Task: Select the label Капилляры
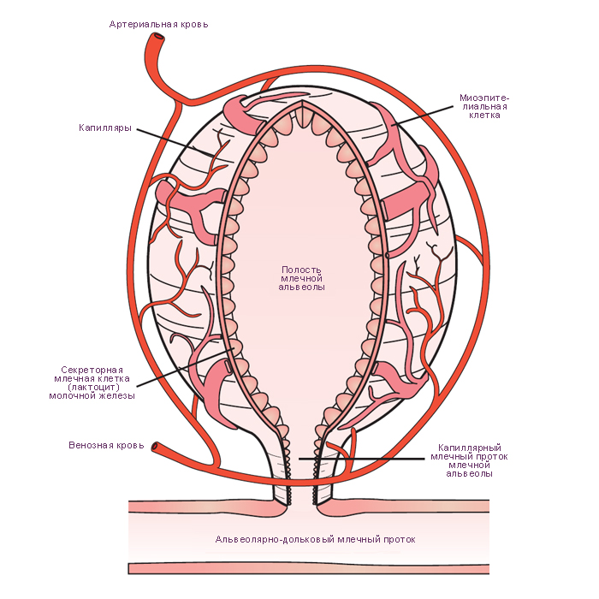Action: pyautogui.click(x=105, y=128)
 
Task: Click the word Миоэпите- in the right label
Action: pyautogui.click(x=484, y=98)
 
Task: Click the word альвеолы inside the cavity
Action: pyautogui.click(x=301, y=288)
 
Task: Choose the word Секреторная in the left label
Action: pyautogui.click(x=92, y=370)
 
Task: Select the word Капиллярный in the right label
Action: pyautogui.click(x=470, y=448)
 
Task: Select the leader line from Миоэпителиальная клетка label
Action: pyautogui.click(x=424, y=115)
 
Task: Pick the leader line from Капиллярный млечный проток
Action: pyautogui.click(x=361, y=458)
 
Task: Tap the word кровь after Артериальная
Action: pyautogui.click(x=195, y=25)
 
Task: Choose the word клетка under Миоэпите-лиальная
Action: pyautogui.click(x=485, y=116)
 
